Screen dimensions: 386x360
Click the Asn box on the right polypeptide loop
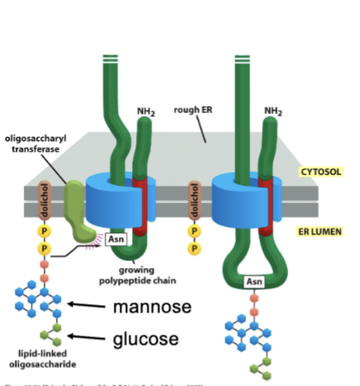tap(254, 281)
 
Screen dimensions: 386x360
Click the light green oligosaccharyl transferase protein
tap(77, 212)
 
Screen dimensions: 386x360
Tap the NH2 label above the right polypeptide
tap(273, 111)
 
